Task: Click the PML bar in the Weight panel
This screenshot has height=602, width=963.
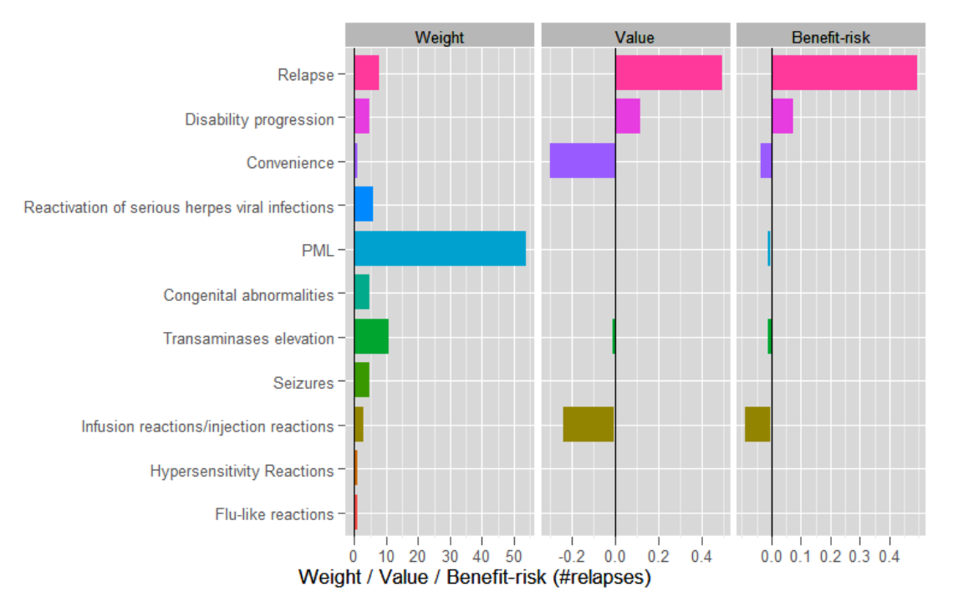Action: tap(440, 248)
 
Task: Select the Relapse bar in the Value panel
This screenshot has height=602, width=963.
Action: tap(668, 73)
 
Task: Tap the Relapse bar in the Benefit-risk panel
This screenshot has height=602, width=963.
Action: tap(843, 73)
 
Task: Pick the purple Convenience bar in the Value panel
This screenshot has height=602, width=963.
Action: tap(582, 161)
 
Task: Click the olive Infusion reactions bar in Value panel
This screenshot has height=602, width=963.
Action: tap(588, 424)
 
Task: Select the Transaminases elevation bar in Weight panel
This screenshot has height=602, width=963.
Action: tap(371, 336)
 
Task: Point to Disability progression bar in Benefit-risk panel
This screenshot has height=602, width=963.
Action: tap(782, 116)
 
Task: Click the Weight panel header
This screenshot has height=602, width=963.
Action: tap(440, 38)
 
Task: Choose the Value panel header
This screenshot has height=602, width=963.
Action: tap(634, 38)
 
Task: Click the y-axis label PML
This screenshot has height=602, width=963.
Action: tap(318, 250)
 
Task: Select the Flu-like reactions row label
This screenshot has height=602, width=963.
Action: tap(274, 514)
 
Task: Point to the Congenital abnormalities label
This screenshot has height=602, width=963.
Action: tap(248, 295)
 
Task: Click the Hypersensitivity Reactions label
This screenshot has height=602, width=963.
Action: tap(242, 471)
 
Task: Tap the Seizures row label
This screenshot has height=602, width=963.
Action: tap(303, 383)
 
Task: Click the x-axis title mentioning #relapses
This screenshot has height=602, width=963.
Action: tap(474, 578)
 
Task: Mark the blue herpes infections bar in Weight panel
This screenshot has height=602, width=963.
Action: tap(364, 204)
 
